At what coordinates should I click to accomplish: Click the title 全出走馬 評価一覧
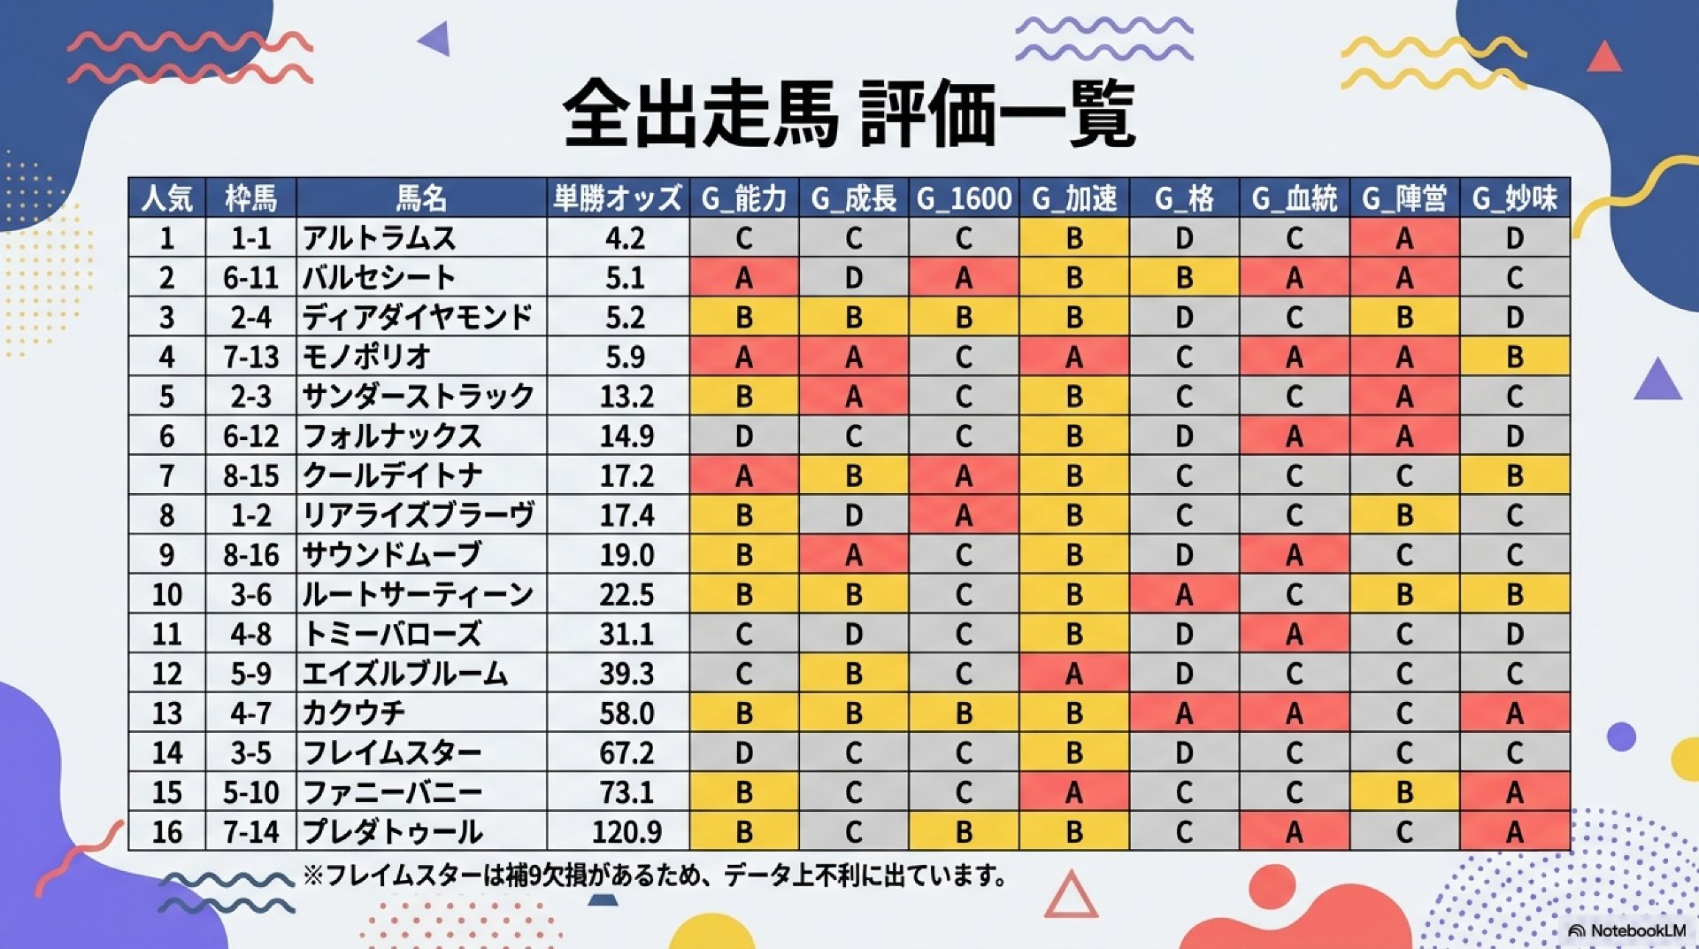pyautogui.click(x=849, y=113)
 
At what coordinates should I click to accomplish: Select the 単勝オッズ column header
pyautogui.click(x=618, y=198)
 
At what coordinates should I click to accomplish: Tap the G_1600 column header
pyautogui.click(x=964, y=198)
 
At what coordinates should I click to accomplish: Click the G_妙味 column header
pyautogui.click(x=1514, y=198)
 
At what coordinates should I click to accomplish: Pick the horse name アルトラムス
pyautogui.click(x=380, y=238)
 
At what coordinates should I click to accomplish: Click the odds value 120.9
pyautogui.click(x=627, y=832)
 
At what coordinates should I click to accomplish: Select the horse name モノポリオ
pyautogui.click(x=367, y=357)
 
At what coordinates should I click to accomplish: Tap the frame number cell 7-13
pyautogui.click(x=250, y=357)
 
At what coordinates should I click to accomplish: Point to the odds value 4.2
pyautogui.click(x=625, y=238)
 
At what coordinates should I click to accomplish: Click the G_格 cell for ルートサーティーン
pyautogui.click(x=1184, y=594)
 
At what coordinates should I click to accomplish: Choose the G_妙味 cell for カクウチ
pyautogui.click(x=1514, y=713)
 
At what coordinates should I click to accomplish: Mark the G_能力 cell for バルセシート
pyautogui.click(x=743, y=278)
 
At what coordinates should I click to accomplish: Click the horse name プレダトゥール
pyautogui.click(x=393, y=832)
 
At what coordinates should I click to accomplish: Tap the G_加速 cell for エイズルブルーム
pyautogui.click(x=1073, y=674)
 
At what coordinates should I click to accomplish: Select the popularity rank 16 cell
pyautogui.click(x=166, y=832)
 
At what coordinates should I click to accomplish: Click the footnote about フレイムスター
pyautogui.click(x=655, y=876)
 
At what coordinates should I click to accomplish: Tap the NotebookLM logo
pyautogui.click(x=1626, y=930)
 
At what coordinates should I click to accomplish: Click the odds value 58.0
pyautogui.click(x=627, y=713)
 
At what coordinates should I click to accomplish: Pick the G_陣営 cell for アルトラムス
pyautogui.click(x=1403, y=238)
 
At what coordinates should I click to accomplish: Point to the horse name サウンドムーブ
pyautogui.click(x=392, y=555)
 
